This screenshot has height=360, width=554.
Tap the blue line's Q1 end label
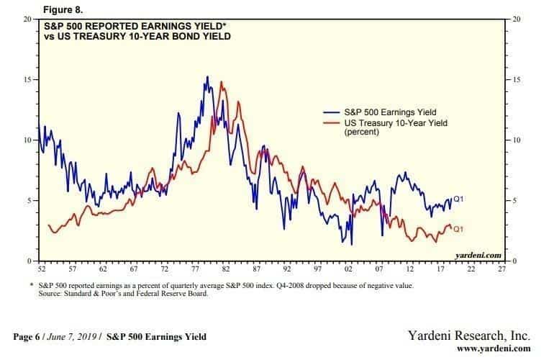pyautogui.click(x=458, y=198)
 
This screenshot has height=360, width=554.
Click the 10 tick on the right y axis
pyautogui.click(x=516, y=139)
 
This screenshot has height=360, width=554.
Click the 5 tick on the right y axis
pyautogui.click(x=514, y=199)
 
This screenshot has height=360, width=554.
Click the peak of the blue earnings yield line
pyautogui.click(x=207, y=76)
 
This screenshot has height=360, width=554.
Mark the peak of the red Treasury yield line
pyautogui.click(x=222, y=81)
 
